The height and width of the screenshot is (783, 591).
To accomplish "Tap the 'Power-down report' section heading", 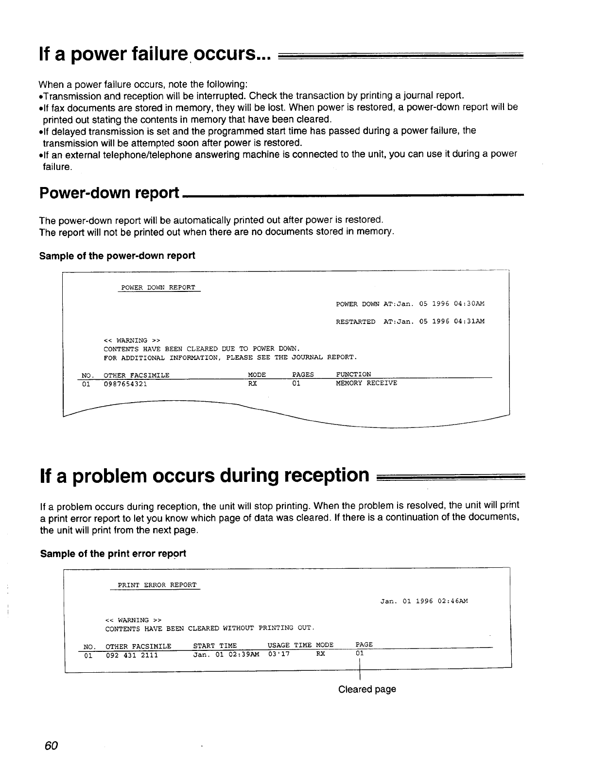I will click(x=109, y=193).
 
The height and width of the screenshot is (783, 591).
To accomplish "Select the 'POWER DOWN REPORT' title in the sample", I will click(x=158, y=288).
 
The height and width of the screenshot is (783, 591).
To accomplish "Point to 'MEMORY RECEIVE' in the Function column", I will click(x=366, y=383).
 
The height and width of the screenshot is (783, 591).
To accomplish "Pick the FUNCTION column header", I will click(x=353, y=374).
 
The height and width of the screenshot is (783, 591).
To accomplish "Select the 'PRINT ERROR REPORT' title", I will click(x=157, y=585).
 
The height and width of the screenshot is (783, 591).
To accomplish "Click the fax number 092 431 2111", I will click(x=132, y=655).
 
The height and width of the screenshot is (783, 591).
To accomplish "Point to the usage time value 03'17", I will click(x=279, y=654).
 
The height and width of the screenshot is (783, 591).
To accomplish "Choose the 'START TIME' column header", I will click(x=215, y=646).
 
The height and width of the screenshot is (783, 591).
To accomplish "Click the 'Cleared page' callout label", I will click(x=367, y=689).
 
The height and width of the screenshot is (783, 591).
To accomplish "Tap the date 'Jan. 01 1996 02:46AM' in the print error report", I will click(x=424, y=601).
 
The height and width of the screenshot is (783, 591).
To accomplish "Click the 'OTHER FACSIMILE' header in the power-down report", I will click(x=137, y=375).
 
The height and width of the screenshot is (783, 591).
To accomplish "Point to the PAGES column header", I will click(x=303, y=374).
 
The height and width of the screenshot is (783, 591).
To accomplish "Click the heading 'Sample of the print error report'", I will click(x=113, y=554).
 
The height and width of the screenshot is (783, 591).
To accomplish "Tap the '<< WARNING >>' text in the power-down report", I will click(x=132, y=340).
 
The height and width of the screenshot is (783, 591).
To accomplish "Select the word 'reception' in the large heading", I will click(x=325, y=475).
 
